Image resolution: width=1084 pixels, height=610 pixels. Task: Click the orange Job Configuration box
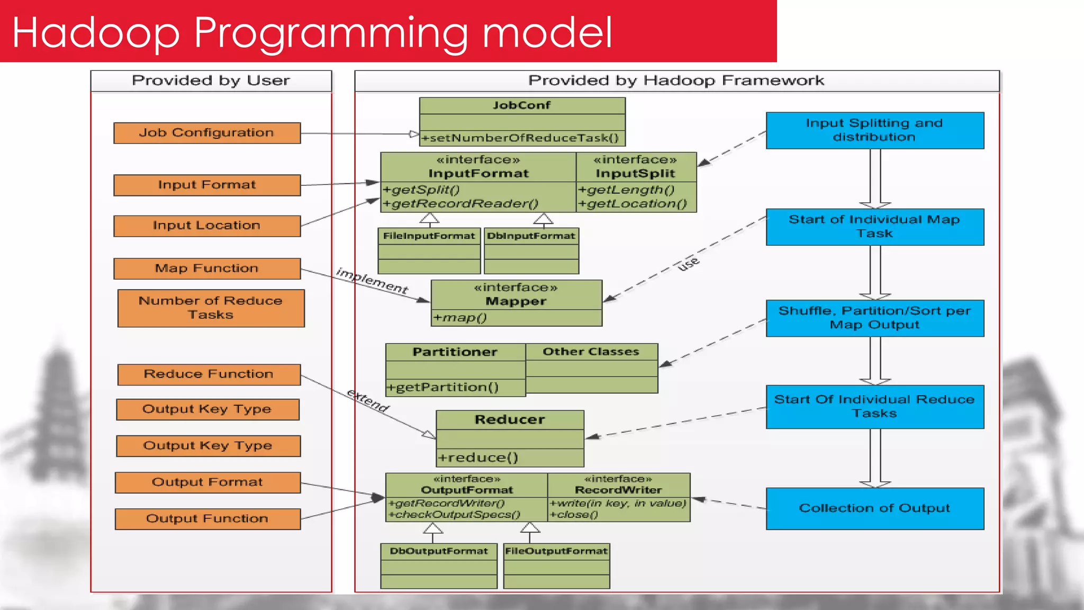[207, 133]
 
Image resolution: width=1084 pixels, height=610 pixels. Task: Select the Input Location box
[207, 226]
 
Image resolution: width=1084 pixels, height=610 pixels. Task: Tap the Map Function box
[207, 268]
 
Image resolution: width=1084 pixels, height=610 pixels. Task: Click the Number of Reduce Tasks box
[211, 308]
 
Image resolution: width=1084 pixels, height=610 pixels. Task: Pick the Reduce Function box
[209, 374]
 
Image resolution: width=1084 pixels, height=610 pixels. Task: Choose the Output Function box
[207, 519]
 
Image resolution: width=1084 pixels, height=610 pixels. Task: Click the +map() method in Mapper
[460, 318]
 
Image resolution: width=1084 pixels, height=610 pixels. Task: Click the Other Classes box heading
[591, 352]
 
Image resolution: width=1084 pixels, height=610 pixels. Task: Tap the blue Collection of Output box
[874, 508]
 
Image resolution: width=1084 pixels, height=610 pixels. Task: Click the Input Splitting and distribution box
[874, 130]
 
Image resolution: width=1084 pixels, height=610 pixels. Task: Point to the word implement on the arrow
[372, 281]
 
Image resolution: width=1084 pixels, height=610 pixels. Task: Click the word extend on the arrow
[368, 400]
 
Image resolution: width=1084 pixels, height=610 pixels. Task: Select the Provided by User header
[211, 81]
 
